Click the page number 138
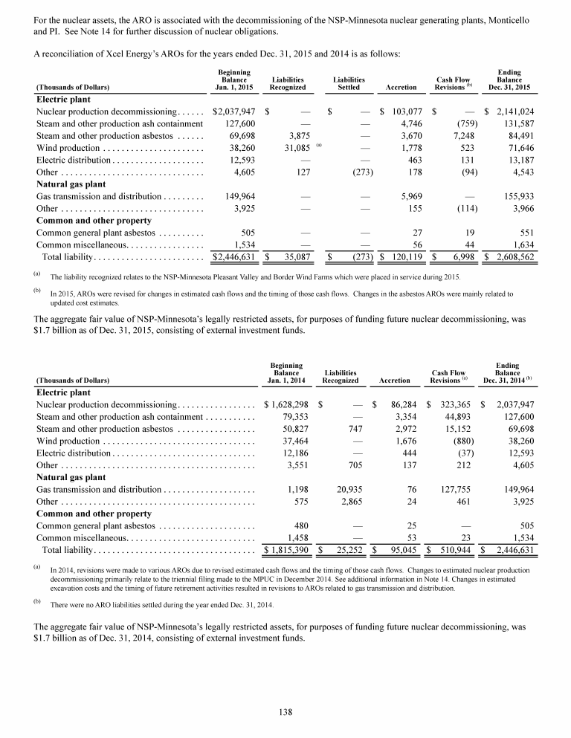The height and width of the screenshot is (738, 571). click(285, 711)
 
